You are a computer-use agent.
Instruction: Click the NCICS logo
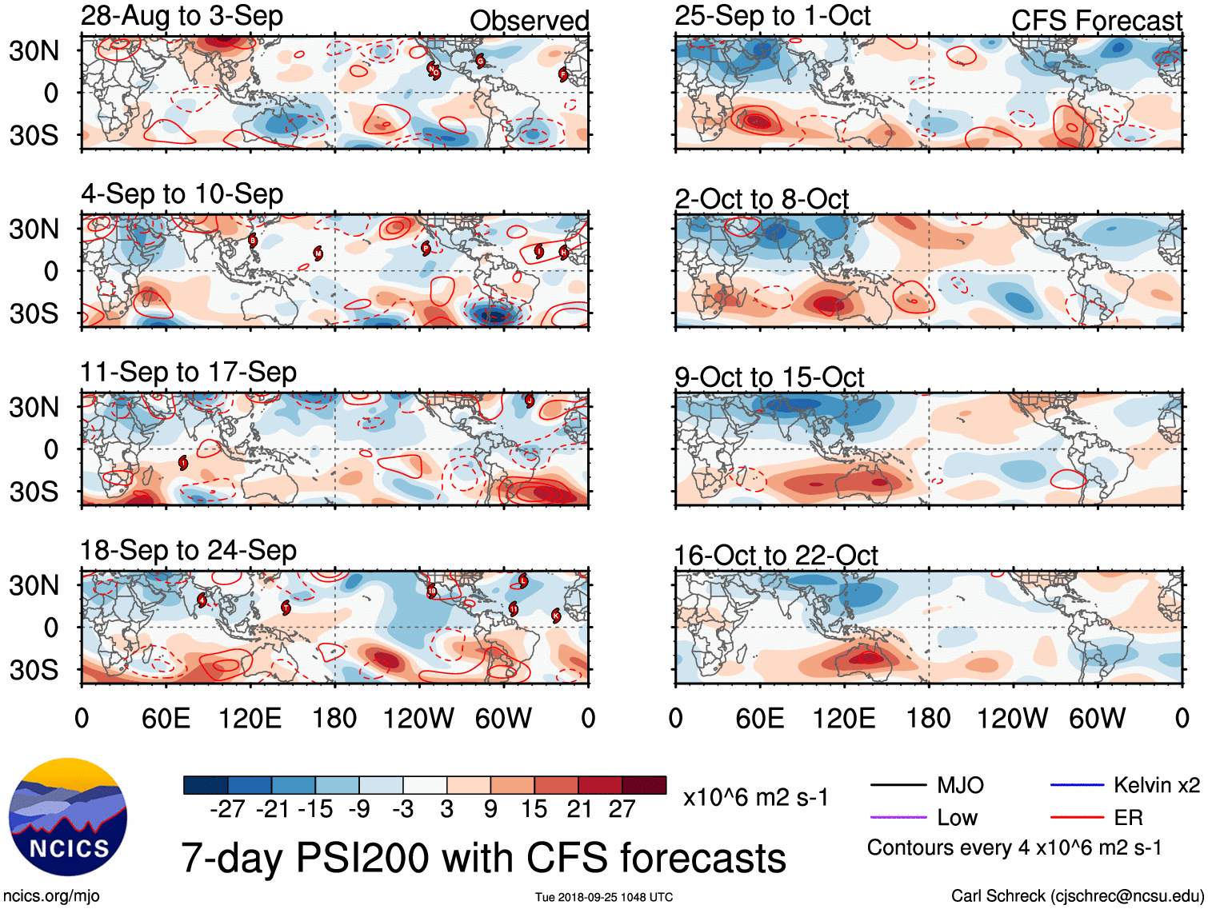[68, 816]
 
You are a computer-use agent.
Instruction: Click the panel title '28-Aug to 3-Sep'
[182, 17]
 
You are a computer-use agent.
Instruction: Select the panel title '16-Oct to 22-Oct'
[775, 555]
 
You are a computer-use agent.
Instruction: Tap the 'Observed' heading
[529, 21]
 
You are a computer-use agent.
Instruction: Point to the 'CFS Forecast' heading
[1096, 21]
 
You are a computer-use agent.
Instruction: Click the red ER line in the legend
[1077, 818]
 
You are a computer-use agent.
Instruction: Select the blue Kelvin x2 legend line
[1077, 785]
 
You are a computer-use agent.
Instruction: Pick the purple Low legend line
[898, 818]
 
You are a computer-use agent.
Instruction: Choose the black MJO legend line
[898, 785]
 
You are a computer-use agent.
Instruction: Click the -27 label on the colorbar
[227, 809]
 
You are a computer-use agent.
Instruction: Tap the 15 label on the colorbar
[534, 809]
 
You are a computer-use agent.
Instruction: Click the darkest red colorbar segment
[644, 785]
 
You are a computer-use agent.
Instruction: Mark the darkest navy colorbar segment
[206, 785]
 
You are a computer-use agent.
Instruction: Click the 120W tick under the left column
[418, 718]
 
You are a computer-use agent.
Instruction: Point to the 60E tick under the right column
[759, 718]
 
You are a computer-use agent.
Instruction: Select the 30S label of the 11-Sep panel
[34, 491]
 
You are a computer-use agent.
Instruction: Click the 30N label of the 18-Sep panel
[34, 585]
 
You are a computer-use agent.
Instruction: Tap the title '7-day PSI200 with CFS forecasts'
[483, 858]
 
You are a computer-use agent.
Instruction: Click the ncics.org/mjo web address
[51, 896]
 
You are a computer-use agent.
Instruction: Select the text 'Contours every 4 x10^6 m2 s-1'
[1014, 847]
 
